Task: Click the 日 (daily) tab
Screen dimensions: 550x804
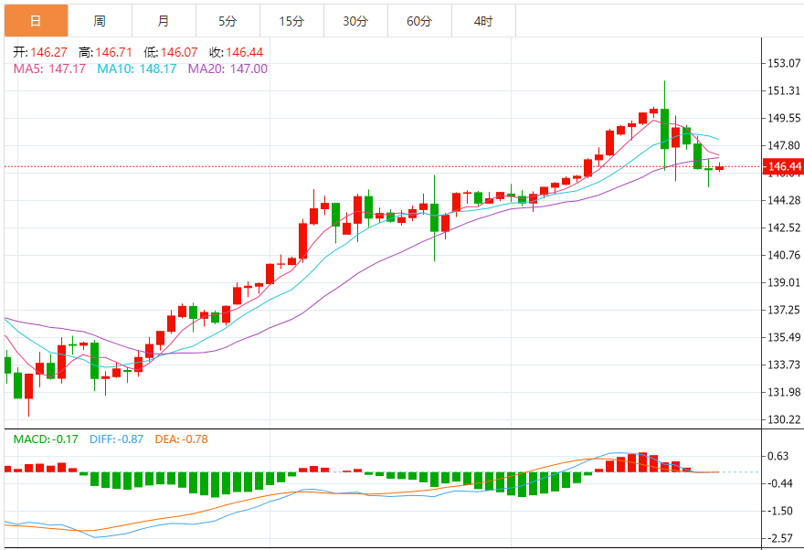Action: pyautogui.click(x=35, y=20)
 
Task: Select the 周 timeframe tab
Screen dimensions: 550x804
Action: pyautogui.click(x=99, y=20)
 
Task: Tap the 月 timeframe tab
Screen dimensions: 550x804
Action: pyautogui.click(x=163, y=20)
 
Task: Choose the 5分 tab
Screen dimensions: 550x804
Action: pyautogui.click(x=227, y=20)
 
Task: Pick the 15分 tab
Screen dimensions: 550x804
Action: pyautogui.click(x=291, y=20)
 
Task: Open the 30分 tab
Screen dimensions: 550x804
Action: pyautogui.click(x=355, y=20)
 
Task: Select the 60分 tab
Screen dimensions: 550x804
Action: pyautogui.click(x=419, y=20)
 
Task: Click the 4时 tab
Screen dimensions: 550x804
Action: pyautogui.click(x=483, y=20)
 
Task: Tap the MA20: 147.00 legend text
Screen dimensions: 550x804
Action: pyautogui.click(x=227, y=69)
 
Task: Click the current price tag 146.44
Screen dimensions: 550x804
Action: pyautogui.click(x=785, y=167)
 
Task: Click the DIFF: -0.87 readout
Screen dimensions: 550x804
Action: pyautogui.click(x=117, y=439)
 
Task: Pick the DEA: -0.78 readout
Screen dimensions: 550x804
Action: pyautogui.click(x=181, y=439)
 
